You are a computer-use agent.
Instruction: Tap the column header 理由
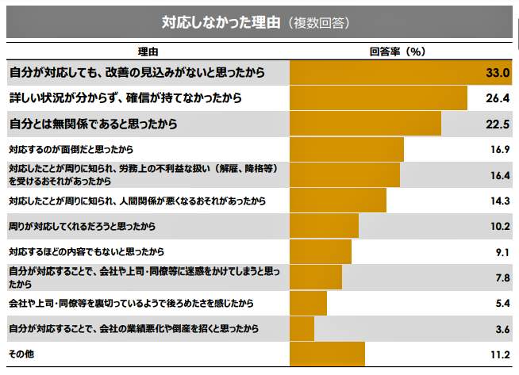148,52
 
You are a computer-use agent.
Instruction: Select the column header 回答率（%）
398,52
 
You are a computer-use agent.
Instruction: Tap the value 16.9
498,149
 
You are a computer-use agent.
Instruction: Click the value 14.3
498,201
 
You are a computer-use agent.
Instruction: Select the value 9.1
500,252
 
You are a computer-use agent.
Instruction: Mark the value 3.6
500,329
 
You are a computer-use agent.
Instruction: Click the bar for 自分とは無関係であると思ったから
365,124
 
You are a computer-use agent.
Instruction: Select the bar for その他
327,354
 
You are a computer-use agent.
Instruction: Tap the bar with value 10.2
324,226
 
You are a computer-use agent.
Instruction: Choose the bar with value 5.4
308,303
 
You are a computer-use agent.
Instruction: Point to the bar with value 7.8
316,277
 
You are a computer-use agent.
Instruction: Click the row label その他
21,354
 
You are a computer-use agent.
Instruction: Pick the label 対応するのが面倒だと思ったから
71,149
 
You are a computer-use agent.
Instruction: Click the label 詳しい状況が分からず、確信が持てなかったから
125,98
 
